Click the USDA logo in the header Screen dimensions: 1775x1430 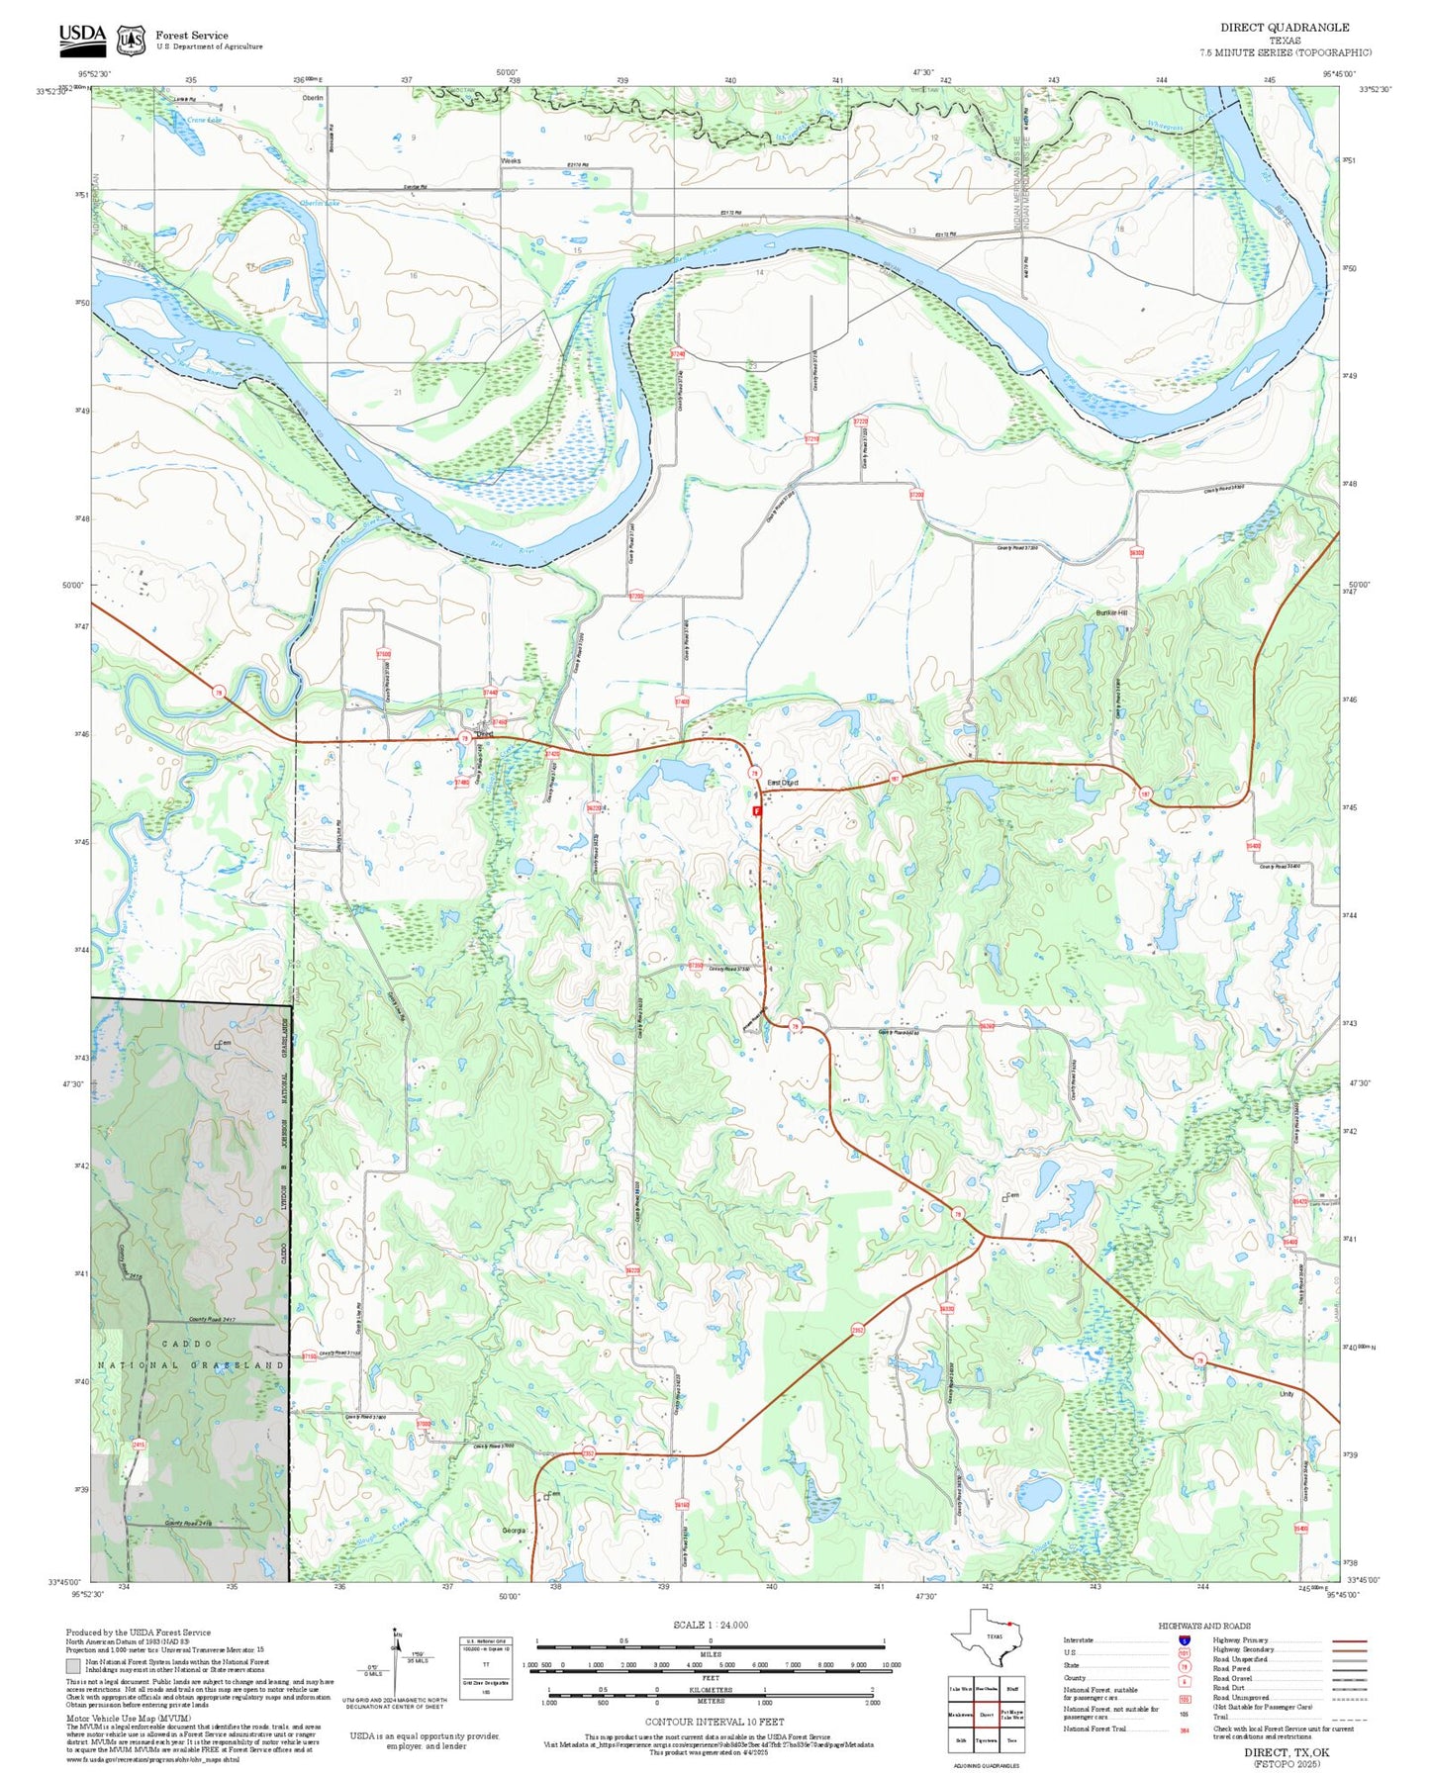(x=82, y=38)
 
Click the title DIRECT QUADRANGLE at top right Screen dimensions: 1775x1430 (x=1284, y=27)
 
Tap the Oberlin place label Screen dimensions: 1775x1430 (x=313, y=98)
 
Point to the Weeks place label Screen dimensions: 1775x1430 (x=511, y=160)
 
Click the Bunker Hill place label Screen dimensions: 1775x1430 (x=1111, y=613)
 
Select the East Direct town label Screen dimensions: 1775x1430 (x=782, y=783)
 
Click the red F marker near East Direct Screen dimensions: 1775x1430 (x=757, y=810)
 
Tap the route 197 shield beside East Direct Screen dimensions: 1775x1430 (x=894, y=779)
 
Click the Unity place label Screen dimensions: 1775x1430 (x=1286, y=1394)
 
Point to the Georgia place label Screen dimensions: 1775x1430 (x=514, y=1531)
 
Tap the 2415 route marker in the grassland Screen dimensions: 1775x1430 (x=139, y=1445)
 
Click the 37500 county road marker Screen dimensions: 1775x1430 (x=383, y=654)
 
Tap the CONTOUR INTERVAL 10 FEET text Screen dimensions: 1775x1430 (x=714, y=1723)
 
